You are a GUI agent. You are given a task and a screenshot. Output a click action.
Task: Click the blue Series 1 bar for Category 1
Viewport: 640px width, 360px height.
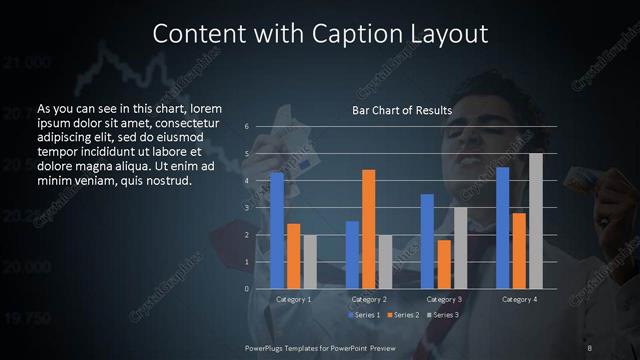[277, 230]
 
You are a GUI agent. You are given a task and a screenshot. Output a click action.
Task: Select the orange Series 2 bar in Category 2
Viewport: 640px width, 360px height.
[368, 229]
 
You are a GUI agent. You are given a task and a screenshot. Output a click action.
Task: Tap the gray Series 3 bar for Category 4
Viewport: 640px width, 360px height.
[536, 221]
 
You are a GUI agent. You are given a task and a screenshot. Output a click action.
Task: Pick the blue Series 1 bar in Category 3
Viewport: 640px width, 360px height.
[427, 241]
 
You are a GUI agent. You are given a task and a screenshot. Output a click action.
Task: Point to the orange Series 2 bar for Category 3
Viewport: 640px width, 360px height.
[443, 264]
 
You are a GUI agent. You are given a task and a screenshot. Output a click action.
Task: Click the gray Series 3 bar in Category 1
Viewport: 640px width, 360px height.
[309, 262]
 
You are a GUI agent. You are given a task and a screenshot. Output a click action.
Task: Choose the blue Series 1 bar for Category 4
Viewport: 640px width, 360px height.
[503, 228]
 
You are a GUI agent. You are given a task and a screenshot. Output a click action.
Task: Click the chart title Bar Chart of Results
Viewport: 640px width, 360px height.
[402, 110]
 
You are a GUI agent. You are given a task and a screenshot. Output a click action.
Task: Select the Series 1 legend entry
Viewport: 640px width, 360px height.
[364, 315]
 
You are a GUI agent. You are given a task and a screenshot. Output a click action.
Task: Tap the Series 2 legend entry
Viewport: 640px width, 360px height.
[404, 315]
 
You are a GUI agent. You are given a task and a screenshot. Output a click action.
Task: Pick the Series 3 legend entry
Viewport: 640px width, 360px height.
[444, 315]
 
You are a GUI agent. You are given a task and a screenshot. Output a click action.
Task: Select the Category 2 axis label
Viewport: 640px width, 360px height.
[368, 300]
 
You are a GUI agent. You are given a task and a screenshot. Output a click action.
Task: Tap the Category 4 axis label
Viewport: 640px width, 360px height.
[519, 300]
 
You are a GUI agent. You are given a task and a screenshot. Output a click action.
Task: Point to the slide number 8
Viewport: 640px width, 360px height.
[590, 347]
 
